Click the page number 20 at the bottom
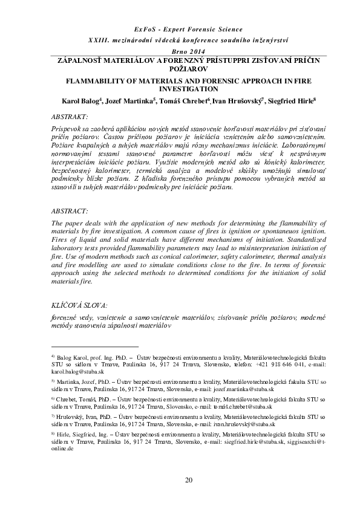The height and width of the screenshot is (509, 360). tap(188, 481)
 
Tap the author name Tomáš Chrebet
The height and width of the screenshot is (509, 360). tap(188, 100)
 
